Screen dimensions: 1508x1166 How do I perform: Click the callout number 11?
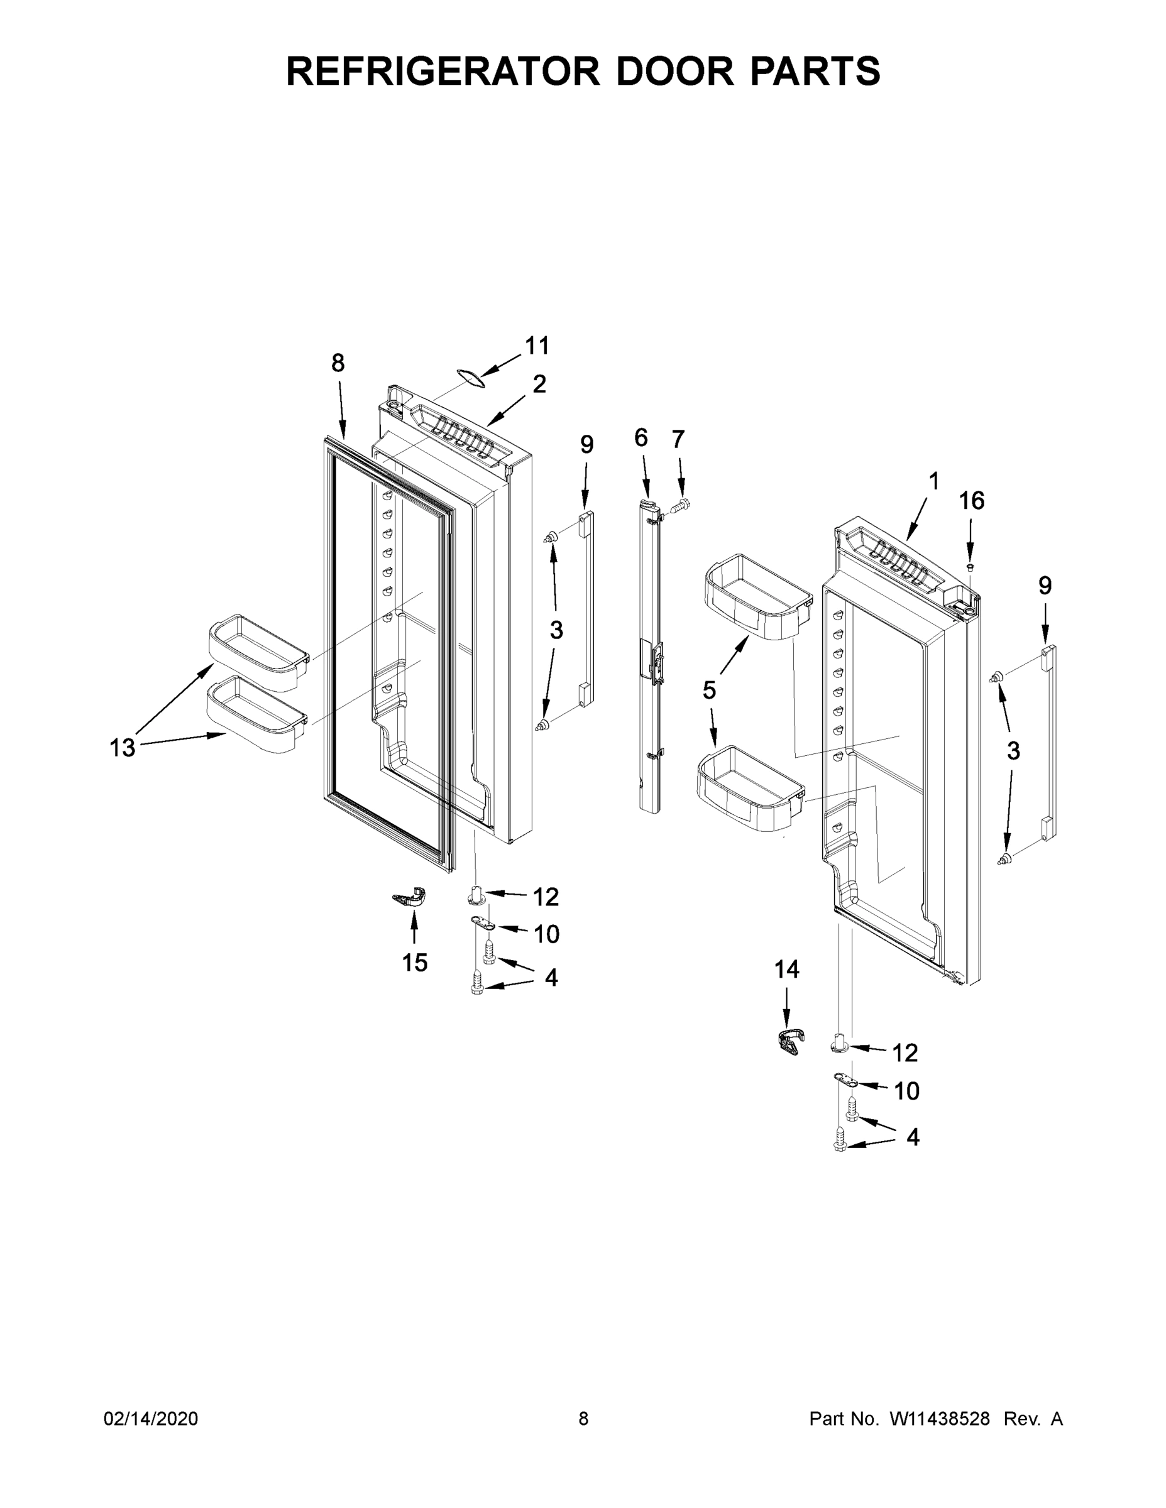click(537, 346)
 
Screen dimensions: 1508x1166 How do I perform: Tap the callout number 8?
click(338, 363)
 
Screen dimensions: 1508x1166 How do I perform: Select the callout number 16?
click(971, 501)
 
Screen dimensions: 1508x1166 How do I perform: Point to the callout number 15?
click(414, 963)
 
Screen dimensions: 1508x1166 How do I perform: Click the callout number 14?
click(786, 970)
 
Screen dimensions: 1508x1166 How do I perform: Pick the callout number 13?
click(123, 748)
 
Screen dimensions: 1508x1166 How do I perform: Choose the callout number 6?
click(641, 438)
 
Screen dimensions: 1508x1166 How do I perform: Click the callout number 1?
click(934, 481)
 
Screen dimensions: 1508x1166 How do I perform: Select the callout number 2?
click(539, 385)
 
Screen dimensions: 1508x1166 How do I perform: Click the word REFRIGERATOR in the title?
click(443, 71)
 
